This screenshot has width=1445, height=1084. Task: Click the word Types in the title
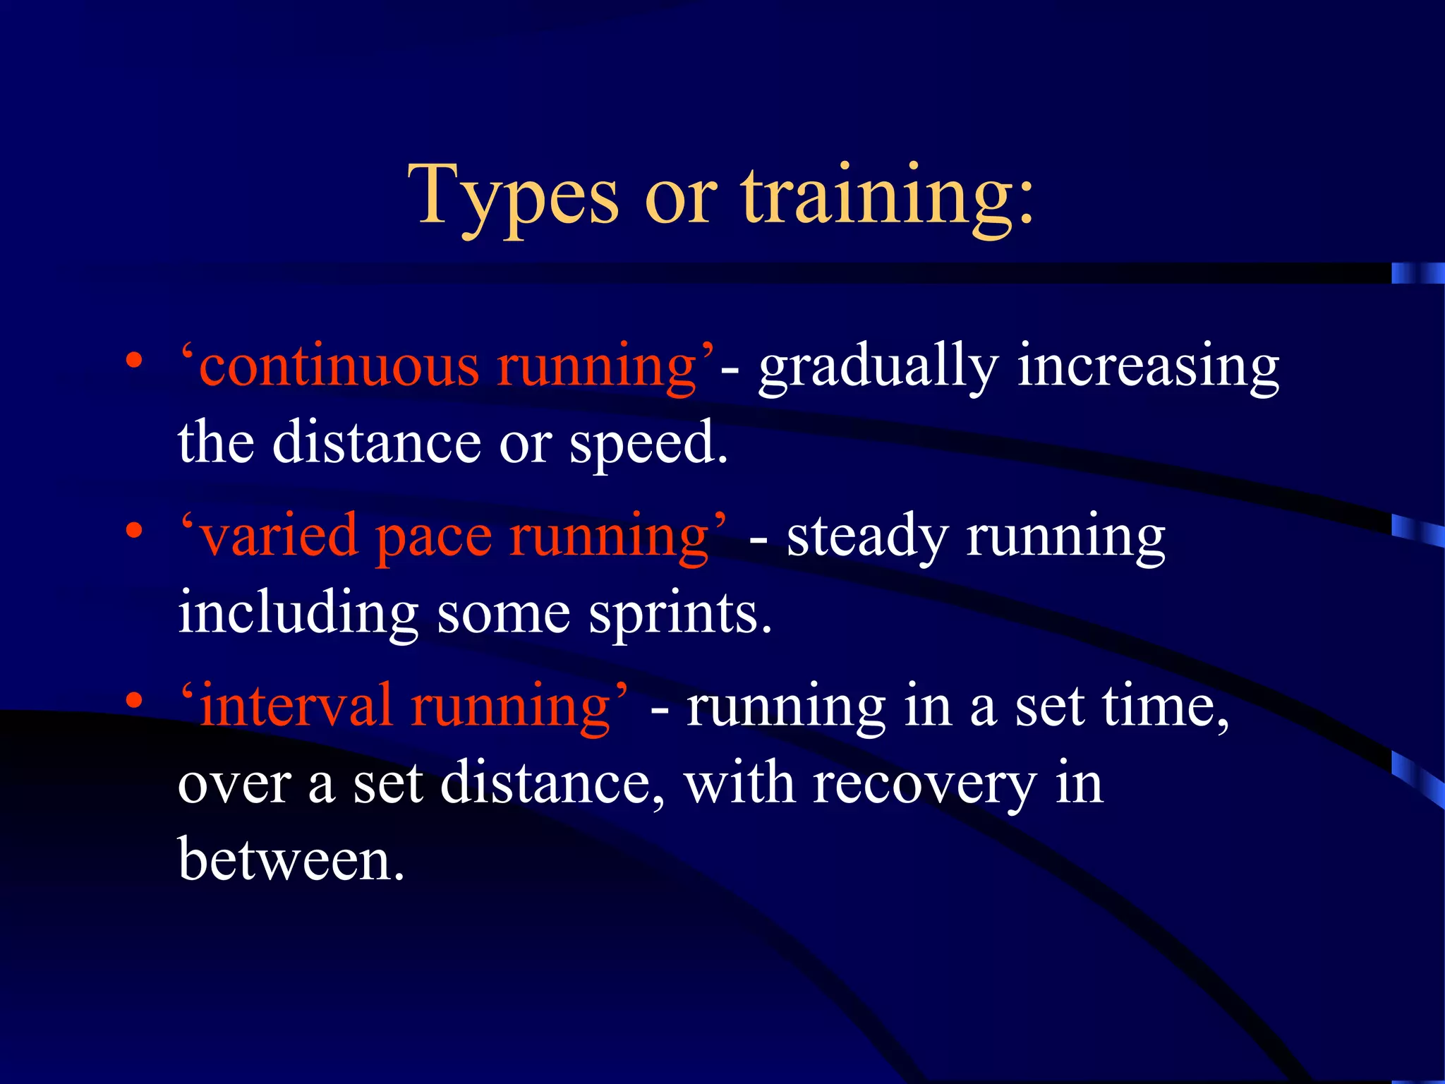(514, 198)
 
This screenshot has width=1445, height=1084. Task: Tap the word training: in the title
(888, 198)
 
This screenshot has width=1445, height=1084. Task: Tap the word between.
(291, 860)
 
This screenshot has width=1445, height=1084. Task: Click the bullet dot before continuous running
(134, 361)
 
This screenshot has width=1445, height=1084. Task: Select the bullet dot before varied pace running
(134, 531)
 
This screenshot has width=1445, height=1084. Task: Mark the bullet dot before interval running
(134, 701)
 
